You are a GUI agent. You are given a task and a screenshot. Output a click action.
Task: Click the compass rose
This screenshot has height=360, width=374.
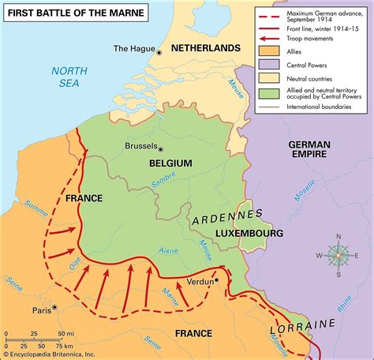338,254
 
